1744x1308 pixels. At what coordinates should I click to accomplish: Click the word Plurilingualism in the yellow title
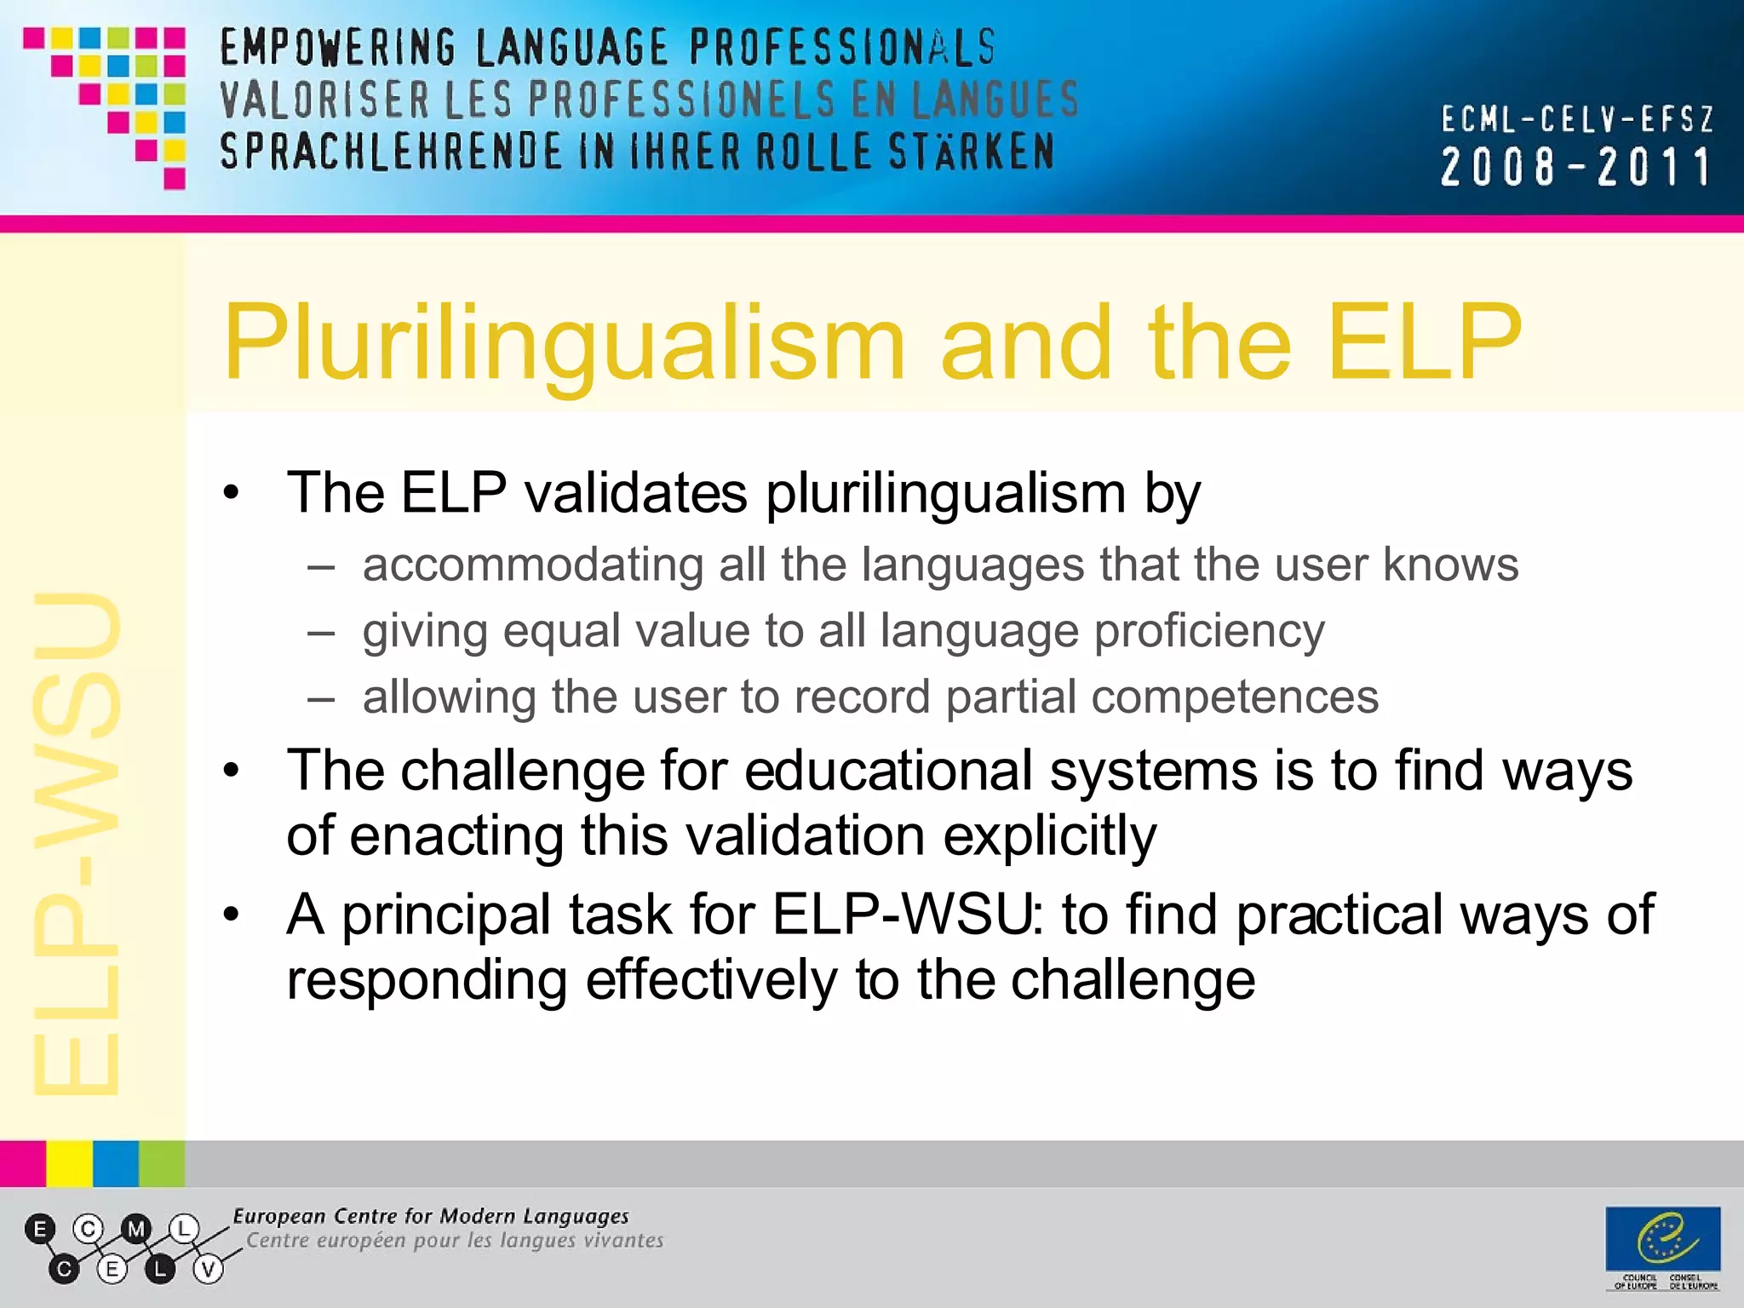562,345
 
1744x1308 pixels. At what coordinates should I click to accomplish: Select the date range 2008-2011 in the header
1575,167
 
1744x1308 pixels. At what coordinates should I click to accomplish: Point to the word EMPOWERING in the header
338,48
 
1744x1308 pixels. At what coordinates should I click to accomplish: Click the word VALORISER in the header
324,100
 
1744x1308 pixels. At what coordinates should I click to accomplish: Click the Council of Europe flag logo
1663,1238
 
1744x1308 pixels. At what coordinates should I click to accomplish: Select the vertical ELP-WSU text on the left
77,843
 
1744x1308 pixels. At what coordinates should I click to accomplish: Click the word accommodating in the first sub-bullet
532,565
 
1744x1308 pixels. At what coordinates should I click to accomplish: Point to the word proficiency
1209,632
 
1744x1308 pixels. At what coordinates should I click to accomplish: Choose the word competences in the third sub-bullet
1235,697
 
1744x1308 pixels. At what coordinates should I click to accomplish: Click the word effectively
711,980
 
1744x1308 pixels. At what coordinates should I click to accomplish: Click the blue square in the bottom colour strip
116,1163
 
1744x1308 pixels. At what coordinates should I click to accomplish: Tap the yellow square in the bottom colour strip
69,1163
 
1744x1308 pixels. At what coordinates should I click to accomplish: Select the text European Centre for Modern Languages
431,1216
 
